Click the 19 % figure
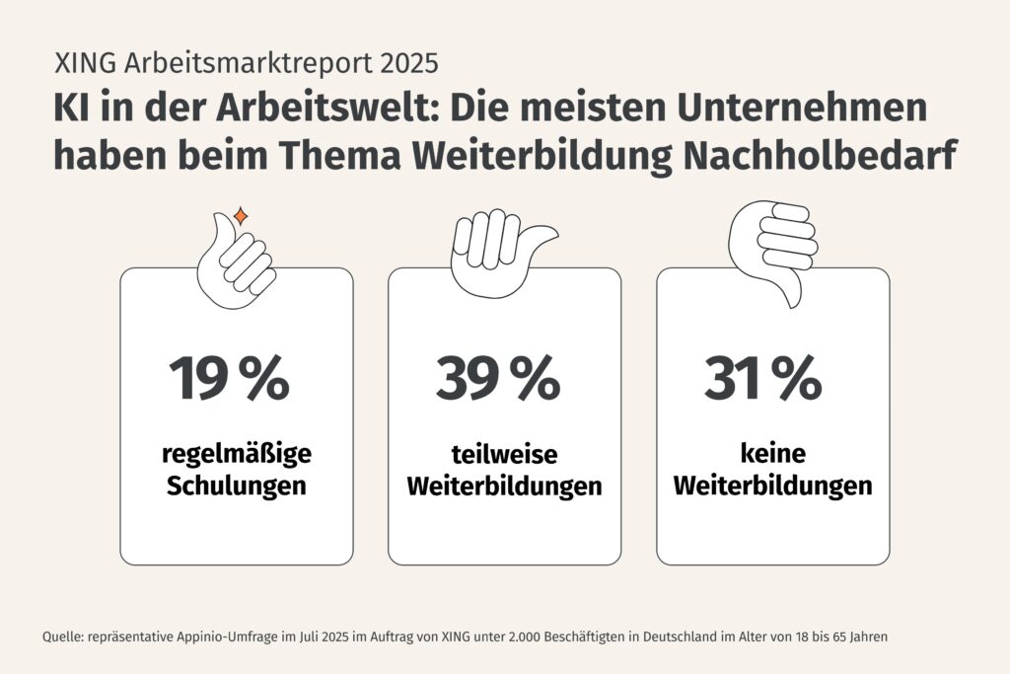229,378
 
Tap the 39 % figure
497,378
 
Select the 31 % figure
762,378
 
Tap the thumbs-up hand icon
238,259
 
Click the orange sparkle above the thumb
240,215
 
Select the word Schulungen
236,487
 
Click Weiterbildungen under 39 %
504,487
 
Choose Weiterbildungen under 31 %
773,487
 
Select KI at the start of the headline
71,108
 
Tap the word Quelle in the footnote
62,637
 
